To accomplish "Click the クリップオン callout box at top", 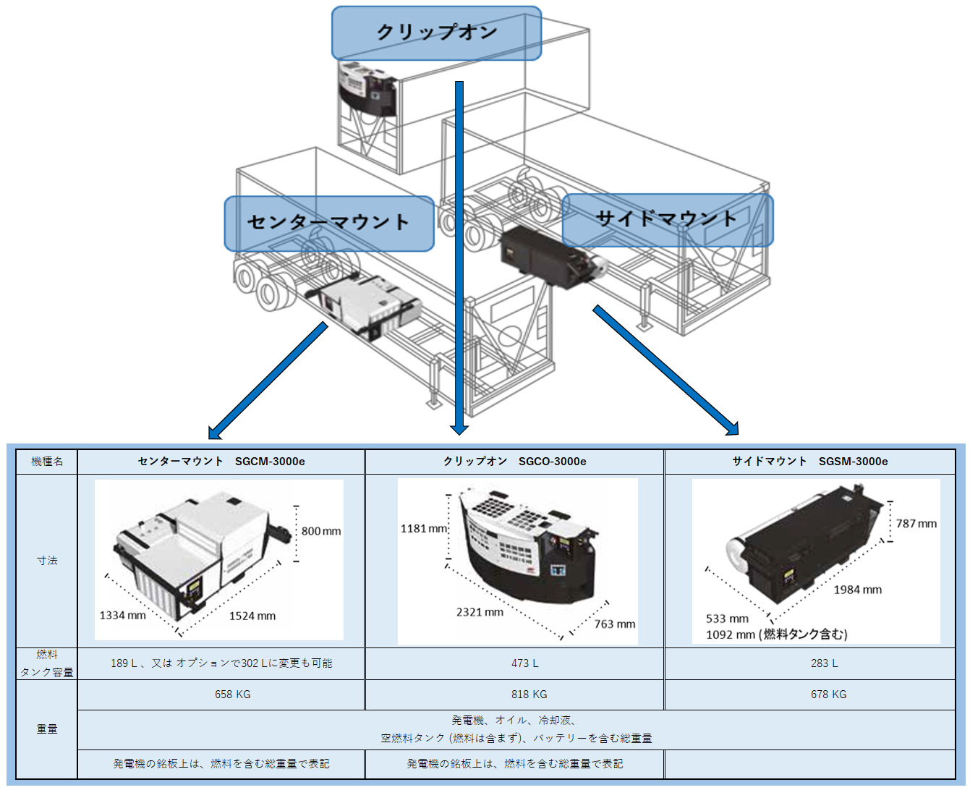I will (x=436, y=33).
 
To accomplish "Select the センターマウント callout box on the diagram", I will (x=329, y=222).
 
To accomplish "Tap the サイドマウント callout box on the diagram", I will (x=667, y=219).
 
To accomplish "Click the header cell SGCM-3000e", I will (x=221, y=462).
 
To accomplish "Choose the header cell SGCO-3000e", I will (x=514, y=462).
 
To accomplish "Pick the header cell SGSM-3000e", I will (x=809, y=462).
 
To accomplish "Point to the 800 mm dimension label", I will (x=321, y=531).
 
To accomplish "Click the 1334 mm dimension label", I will (x=122, y=616).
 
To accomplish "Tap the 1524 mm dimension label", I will (x=252, y=616).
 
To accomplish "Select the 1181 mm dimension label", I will (x=424, y=529).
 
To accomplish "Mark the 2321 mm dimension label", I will (x=480, y=612).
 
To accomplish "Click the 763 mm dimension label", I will (x=615, y=624).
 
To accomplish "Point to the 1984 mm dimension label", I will (x=857, y=590).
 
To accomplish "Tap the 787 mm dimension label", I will (x=916, y=524).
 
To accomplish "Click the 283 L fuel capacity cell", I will (x=825, y=663).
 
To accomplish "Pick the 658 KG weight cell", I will (x=233, y=695).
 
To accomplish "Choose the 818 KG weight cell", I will (x=529, y=695).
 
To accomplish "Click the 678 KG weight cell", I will (x=828, y=695).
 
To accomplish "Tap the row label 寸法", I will (x=47, y=561).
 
